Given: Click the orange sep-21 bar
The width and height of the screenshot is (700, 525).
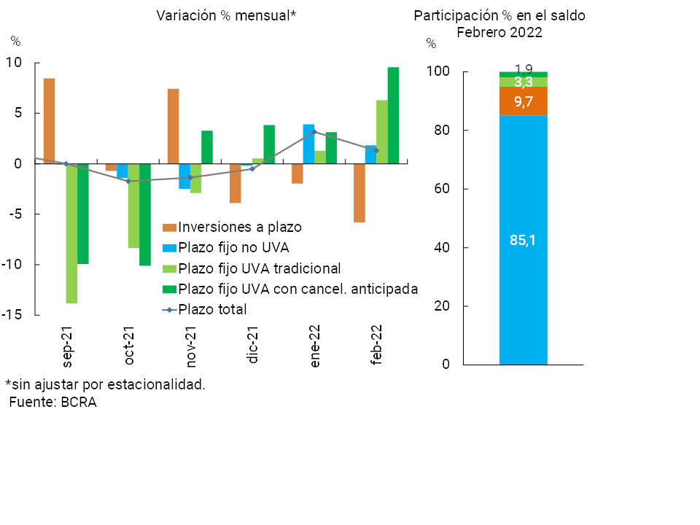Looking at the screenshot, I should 49,120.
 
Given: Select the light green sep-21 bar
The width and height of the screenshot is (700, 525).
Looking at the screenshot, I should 71,233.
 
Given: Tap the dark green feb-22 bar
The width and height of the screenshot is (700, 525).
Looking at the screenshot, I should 393,115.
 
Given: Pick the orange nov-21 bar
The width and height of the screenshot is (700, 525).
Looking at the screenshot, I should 173,126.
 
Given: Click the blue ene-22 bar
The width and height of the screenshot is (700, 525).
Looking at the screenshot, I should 308,144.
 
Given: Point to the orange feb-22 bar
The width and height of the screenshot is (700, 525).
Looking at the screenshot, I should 359,192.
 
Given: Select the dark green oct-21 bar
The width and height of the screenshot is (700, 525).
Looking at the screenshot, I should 145,214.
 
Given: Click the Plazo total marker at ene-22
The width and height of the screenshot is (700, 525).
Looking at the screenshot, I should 314,132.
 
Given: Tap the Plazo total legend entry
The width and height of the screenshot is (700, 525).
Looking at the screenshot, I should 212,309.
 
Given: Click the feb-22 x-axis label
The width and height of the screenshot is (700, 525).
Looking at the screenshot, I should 377,349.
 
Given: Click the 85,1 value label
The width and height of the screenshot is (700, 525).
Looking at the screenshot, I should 523,240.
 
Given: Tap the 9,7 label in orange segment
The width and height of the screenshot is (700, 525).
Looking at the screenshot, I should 523,102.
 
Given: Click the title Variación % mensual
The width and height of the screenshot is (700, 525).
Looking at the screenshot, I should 226,15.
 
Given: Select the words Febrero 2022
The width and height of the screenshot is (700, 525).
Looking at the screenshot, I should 499,32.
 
